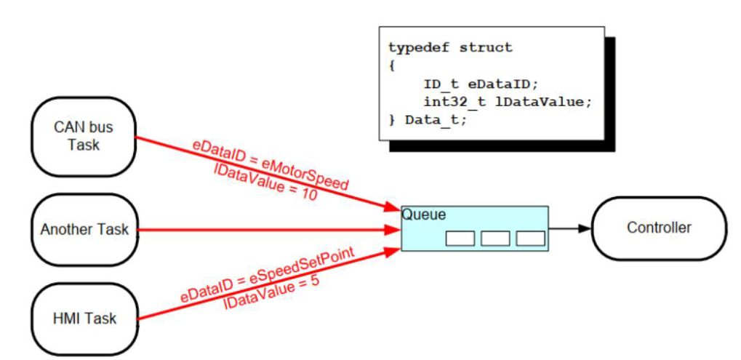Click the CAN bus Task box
(84, 136)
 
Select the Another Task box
(84, 230)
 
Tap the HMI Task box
(84, 319)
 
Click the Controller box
(659, 228)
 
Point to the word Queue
(424, 215)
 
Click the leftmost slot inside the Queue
(460, 238)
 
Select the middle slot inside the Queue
(495, 238)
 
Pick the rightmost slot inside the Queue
(530, 238)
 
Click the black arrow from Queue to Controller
(571, 228)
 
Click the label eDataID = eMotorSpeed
(271, 164)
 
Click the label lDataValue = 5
(271, 291)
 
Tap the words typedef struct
(450, 48)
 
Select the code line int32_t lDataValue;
(508, 101)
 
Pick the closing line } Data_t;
(428, 119)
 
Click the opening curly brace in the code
(392, 65)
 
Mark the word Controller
(659, 228)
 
